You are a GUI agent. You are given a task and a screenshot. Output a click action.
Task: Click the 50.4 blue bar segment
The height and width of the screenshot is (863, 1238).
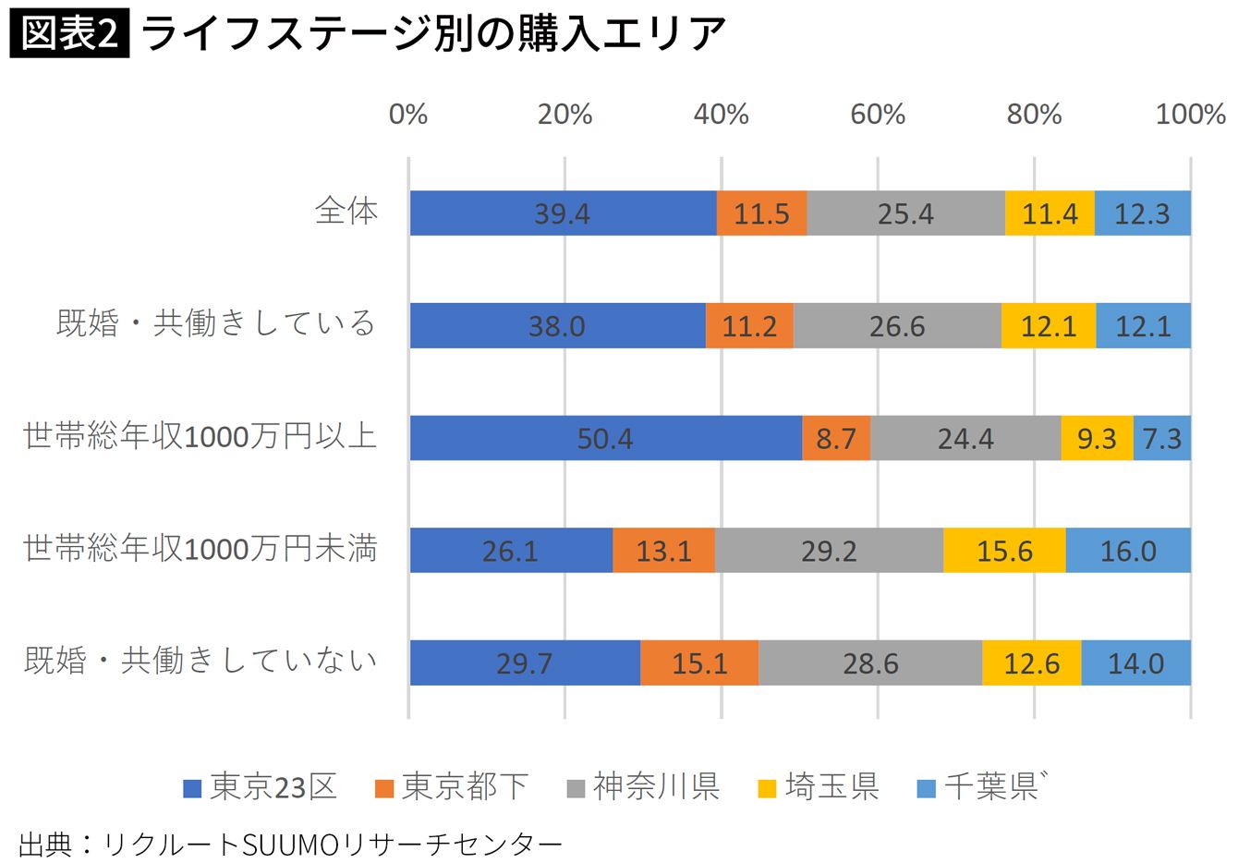point(605,438)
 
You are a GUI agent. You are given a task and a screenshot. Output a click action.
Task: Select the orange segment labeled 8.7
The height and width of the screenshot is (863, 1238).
point(836,438)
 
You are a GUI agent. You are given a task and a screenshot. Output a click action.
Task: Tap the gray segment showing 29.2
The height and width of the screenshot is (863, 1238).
point(829,551)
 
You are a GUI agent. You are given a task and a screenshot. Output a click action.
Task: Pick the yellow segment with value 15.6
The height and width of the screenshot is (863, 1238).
point(1004,551)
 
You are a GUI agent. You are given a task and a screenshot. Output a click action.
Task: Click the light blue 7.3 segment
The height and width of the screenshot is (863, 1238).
point(1162,438)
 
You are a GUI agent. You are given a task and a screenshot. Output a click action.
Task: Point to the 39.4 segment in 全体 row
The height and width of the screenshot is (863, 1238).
point(563,213)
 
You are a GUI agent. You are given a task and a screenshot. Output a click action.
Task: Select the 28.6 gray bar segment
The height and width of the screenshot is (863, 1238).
point(870,663)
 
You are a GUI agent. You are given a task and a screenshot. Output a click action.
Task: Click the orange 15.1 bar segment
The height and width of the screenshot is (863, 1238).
point(699,663)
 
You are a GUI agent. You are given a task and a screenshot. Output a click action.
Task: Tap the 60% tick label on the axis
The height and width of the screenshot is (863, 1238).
point(878,115)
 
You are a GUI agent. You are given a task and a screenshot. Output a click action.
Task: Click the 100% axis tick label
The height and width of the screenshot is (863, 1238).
point(1190,115)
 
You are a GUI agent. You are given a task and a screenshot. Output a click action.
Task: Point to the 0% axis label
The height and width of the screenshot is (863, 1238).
point(408,115)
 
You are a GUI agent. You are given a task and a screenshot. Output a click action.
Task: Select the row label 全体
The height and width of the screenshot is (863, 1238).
point(346,212)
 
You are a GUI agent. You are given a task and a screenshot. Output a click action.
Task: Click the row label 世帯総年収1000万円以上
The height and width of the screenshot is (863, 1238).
point(200,436)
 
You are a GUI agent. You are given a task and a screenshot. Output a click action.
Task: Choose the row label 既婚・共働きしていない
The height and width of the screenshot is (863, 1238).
point(200,661)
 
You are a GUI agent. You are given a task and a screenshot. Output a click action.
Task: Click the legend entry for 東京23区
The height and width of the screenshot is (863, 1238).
point(261,787)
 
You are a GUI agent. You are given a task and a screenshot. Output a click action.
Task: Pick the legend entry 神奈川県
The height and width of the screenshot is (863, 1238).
point(644,787)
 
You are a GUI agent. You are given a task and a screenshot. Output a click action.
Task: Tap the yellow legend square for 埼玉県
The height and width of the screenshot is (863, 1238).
point(767,789)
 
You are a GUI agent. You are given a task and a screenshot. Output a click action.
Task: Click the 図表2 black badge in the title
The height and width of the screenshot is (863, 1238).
point(69,34)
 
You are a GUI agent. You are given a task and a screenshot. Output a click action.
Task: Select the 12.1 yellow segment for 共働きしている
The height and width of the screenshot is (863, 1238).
point(1049,326)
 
